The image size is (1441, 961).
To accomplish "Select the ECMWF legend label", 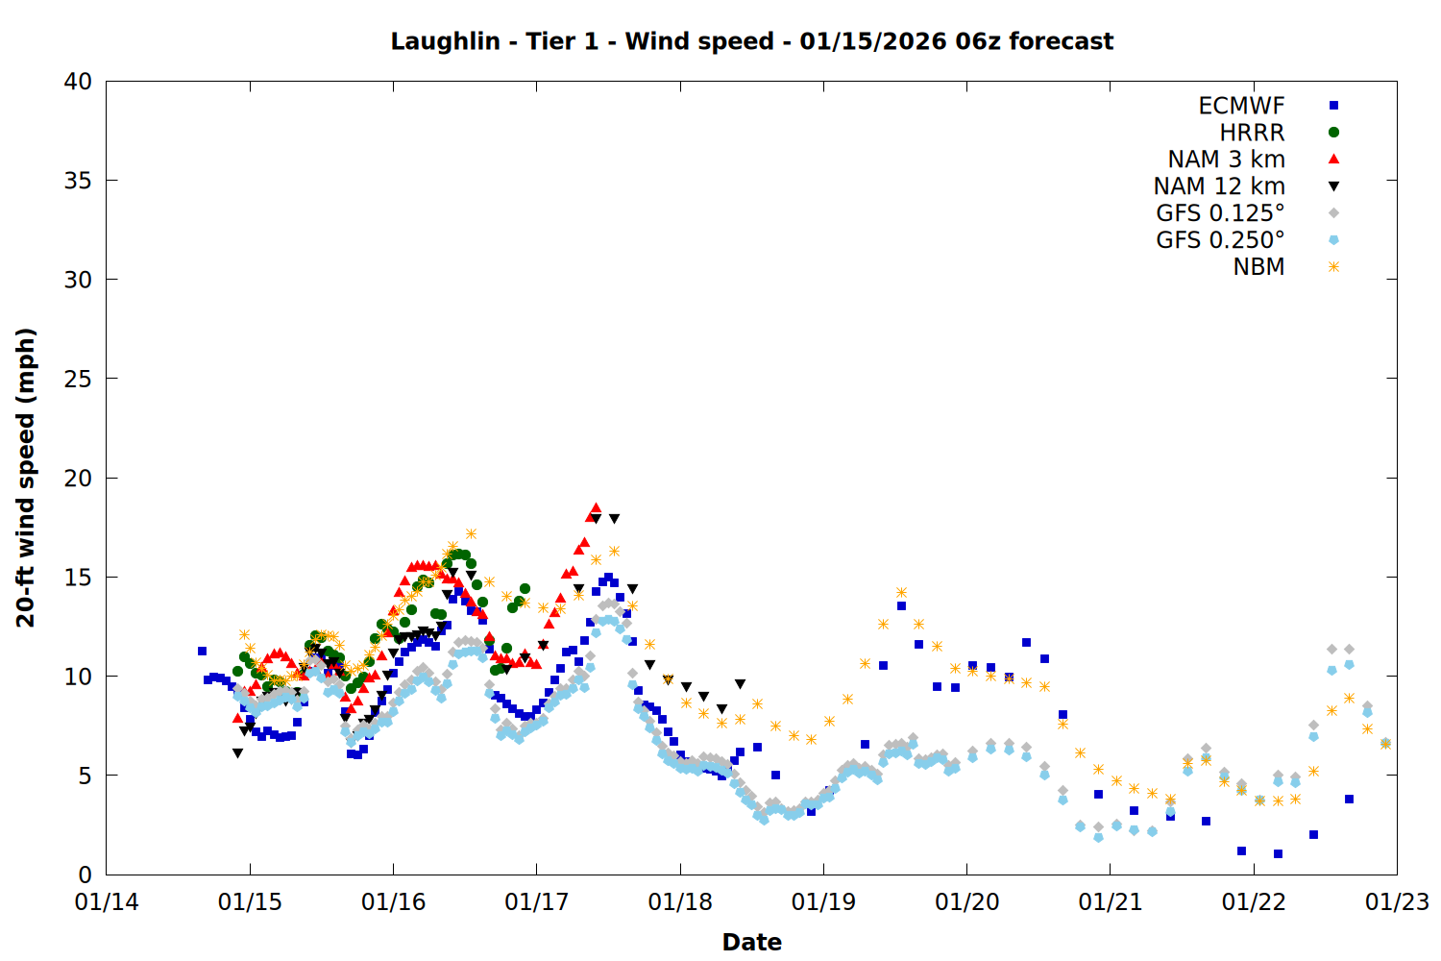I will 1241,106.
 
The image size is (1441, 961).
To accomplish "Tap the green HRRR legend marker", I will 1333,133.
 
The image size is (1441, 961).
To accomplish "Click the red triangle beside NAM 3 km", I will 1333,159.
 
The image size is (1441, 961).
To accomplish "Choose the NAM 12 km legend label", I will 1219,186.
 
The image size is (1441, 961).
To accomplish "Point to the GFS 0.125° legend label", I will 1220,213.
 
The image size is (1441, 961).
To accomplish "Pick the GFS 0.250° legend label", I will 1220,240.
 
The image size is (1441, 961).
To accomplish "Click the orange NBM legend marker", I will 1333,267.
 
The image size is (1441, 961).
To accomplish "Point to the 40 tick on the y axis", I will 78,82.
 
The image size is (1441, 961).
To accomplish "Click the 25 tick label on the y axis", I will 78,379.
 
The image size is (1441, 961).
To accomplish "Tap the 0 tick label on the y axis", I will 85,875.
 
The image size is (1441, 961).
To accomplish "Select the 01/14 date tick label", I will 107,902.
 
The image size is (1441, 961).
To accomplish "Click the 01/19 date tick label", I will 823,902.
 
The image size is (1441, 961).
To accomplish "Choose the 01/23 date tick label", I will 1397,902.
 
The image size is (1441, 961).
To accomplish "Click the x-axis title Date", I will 751,942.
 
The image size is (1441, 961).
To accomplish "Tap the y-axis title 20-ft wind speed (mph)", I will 26,478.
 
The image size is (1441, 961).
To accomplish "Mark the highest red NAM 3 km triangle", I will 596,507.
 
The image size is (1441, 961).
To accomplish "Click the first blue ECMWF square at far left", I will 202,651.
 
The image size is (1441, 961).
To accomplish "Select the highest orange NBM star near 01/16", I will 471,533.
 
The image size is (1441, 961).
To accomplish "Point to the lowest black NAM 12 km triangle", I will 237,753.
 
